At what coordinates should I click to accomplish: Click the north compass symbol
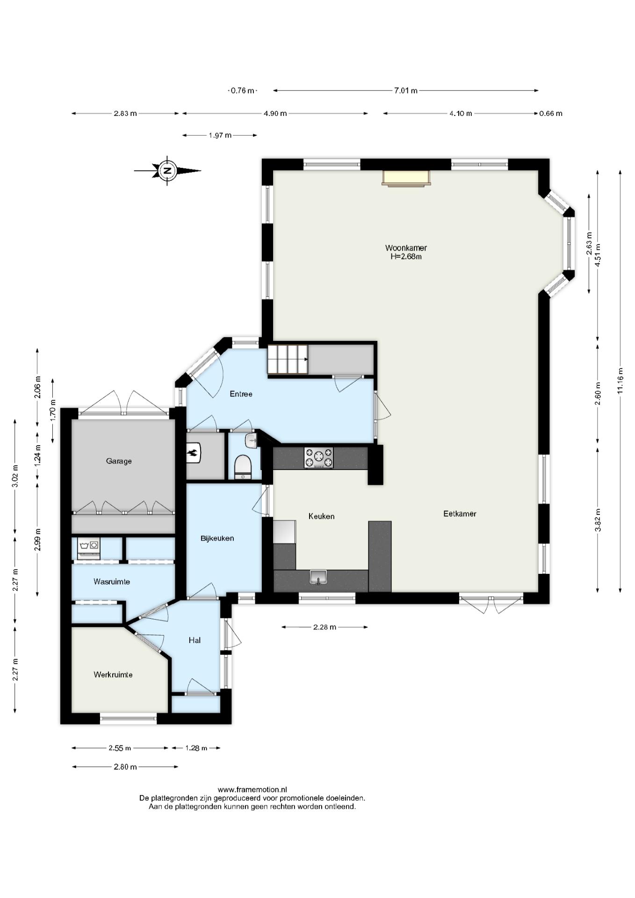[167, 171]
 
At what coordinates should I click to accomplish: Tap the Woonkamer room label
[406, 248]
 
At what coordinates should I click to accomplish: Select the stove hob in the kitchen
[319, 457]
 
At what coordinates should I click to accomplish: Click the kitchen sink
[318, 577]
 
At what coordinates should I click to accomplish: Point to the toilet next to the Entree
[243, 467]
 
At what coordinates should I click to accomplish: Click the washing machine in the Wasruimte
[89, 548]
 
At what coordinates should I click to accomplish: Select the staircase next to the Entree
[288, 359]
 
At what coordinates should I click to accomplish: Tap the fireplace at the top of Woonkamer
[405, 178]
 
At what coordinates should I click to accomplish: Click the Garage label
[119, 461]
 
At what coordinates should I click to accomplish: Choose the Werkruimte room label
[113, 674]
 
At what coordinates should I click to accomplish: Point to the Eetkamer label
[460, 514]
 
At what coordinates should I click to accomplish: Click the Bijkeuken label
[217, 538]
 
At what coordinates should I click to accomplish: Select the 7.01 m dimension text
[406, 91]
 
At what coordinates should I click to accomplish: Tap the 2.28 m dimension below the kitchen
[325, 627]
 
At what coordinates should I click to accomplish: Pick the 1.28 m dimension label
[196, 748]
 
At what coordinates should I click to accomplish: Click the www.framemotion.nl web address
[253, 790]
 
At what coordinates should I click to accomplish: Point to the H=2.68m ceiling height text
[406, 256]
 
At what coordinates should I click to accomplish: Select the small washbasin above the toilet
[251, 440]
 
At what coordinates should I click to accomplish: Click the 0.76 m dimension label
[243, 91]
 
